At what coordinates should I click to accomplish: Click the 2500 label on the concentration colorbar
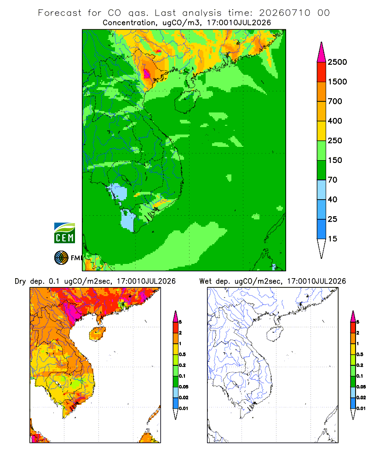click(x=337, y=62)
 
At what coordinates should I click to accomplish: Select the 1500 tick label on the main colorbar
click(x=337, y=82)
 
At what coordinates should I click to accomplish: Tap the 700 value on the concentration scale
click(x=335, y=101)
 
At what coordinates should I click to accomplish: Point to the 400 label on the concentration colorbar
click(x=335, y=121)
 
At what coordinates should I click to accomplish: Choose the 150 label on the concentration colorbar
click(x=335, y=160)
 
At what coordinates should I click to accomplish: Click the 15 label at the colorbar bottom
click(x=333, y=239)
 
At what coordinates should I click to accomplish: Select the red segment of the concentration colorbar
click(x=322, y=72)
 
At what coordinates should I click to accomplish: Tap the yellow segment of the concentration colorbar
click(x=322, y=131)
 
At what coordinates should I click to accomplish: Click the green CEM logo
click(x=64, y=233)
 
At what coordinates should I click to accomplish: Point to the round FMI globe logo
click(x=61, y=258)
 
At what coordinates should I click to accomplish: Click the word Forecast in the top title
click(x=60, y=13)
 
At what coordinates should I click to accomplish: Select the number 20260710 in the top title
click(x=284, y=13)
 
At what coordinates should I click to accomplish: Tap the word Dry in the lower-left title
click(x=20, y=281)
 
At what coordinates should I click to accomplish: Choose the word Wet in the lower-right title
click(x=205, y=281)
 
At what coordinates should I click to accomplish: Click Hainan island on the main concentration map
click(x=187, y=101)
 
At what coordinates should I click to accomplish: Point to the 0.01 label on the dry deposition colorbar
click(x=184, y=409)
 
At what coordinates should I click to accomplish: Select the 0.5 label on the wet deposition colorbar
click(x=359, y=354)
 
